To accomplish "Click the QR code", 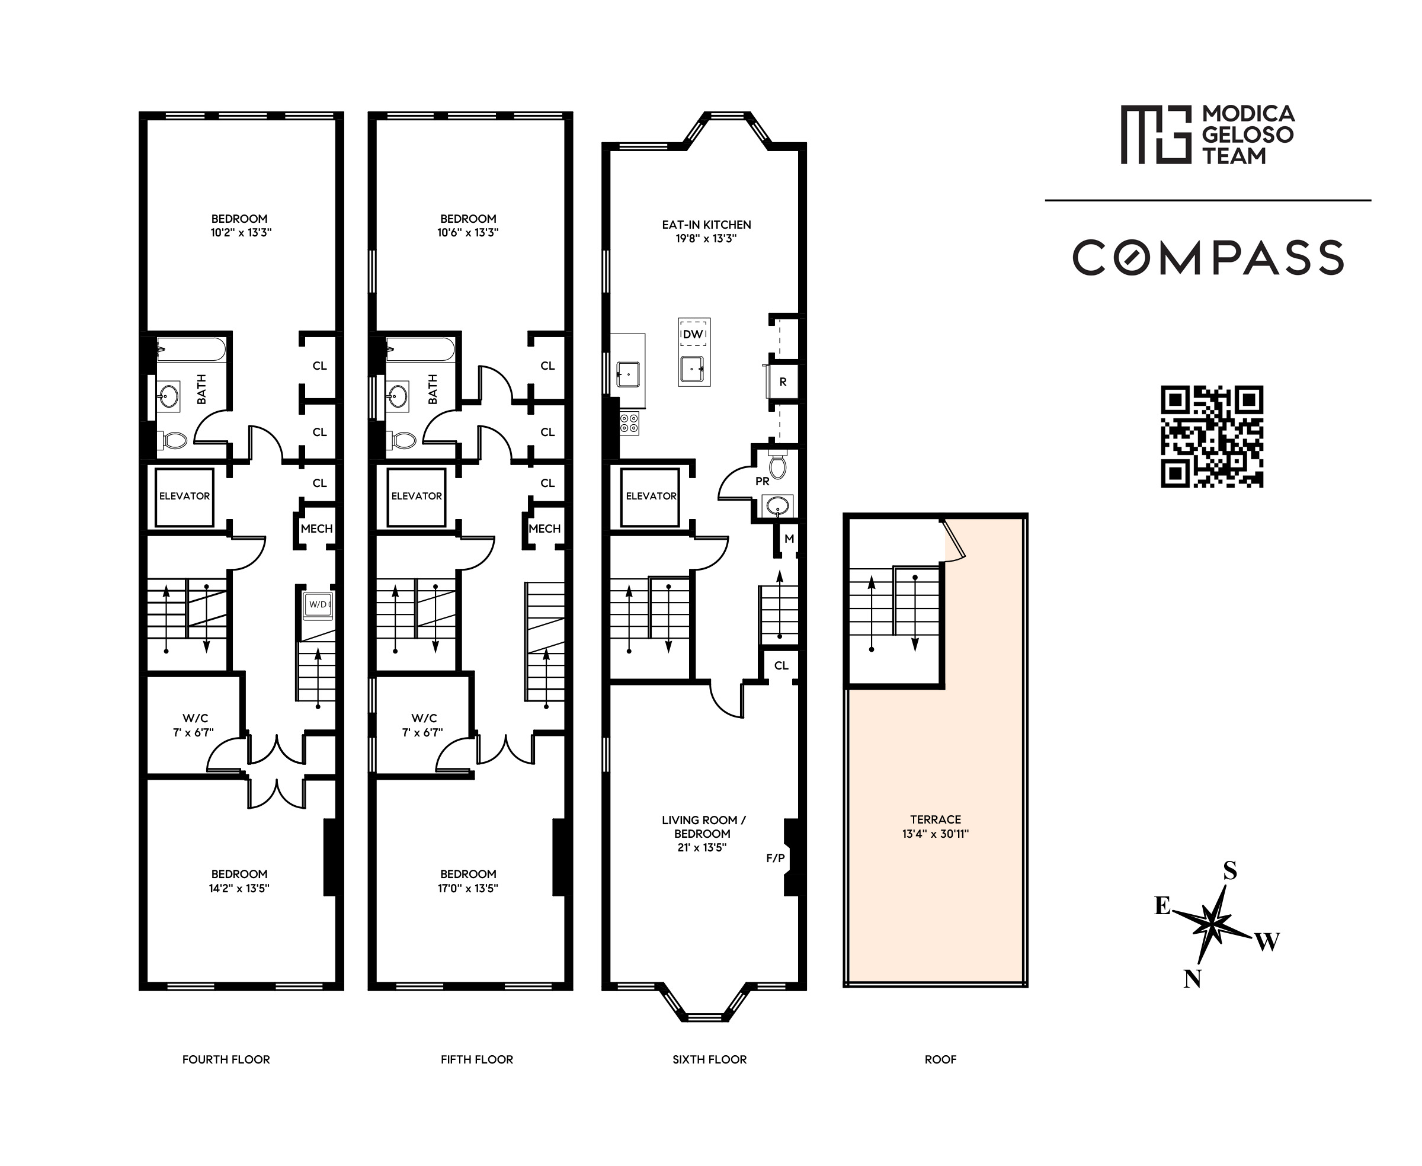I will click(1211, 436).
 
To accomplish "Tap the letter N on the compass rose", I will click(1192, 979).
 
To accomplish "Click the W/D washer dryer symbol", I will click(318, 604).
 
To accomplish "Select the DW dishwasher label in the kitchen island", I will click(693, 334).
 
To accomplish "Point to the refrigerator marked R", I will click(783, 382).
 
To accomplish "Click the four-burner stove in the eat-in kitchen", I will click(629, 423).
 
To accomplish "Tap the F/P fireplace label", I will click(775, 858).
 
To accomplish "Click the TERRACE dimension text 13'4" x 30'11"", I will click(935, 834).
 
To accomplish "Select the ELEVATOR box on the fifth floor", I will click(417, 496).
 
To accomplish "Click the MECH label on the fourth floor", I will click(316, 528).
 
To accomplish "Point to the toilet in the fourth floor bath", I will click(174, 441).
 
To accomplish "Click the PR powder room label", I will click(762, 481).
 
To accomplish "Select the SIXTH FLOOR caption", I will click(709, 1059).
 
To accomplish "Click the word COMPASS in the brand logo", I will click(1208, 257).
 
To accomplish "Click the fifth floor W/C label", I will click(424, 718).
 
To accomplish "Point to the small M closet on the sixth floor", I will click(789, 539).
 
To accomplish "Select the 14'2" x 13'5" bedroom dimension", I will click(239, 888).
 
